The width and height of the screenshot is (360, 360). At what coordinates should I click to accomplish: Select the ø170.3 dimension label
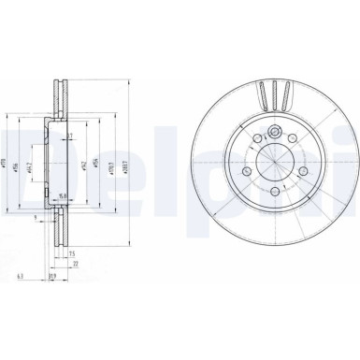coord(111,168)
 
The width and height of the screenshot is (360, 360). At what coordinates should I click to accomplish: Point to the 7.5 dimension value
coord(71,252)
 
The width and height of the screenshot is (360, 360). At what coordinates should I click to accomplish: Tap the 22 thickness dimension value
coord(75,263)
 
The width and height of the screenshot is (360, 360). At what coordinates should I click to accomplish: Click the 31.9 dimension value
coord(52,277)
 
